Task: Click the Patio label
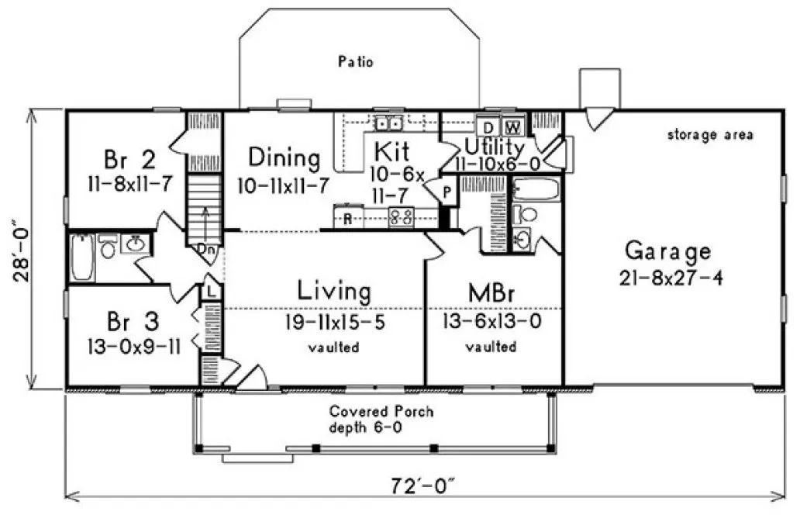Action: pyautogui.click(x=356, y=61)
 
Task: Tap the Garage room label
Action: pyautogui.click(x=667, y=251)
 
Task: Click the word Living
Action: pyautogui.click(x=334, y=292)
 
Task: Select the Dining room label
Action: pyautogui.click(x=284, y=158)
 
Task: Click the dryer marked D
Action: pyautogui.click(x=488, y=126)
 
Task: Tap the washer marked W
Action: pyautogui.click(x=512, y=126)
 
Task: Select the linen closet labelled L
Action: pyautogui.click(x=210, y=290)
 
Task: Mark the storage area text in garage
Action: pyautogui.click(x=710, y=135)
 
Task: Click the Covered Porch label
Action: pyautogui.click(x=381, y=411)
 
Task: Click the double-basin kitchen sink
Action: pyautogui.click(x=387, y=123)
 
